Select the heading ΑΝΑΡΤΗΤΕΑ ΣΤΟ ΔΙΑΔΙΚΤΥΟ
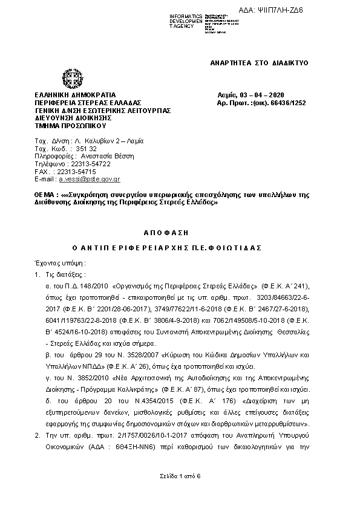[x=260, y=63]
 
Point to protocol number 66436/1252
[x=284, y=103]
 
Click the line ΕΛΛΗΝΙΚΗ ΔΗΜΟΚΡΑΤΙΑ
[x=75, y=96]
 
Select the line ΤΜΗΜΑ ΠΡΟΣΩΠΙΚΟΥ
[x=71, y=126]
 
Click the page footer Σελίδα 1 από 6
[x=180, y=476]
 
